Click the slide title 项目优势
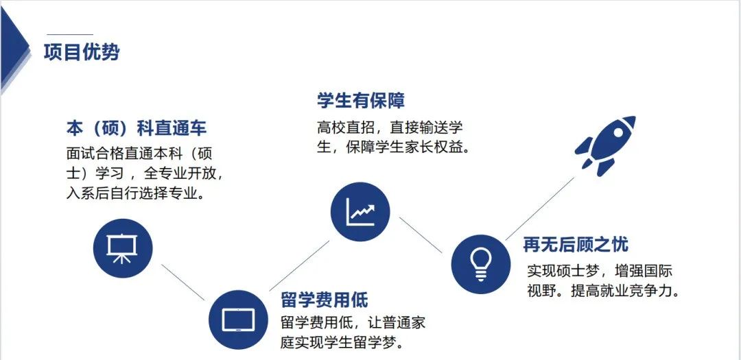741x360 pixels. tap(81, 52)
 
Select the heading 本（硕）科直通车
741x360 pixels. tap(137, 128)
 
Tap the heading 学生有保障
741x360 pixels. tap(361, 101)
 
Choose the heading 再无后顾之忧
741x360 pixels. tap(576, 245)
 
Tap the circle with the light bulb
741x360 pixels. tap(480, 264)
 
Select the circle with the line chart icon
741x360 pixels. tap(360, 212)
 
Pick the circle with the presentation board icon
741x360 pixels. tap(122, 248)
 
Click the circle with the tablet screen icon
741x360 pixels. tap(238, 320)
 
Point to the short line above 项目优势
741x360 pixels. tap(70, 34)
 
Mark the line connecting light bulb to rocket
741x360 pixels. tap(540, 209)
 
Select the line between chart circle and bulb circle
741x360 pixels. tap(421, 235)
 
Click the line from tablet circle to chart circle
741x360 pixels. tap(299, 265)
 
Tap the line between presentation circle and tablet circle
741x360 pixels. tap(183, 282)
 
